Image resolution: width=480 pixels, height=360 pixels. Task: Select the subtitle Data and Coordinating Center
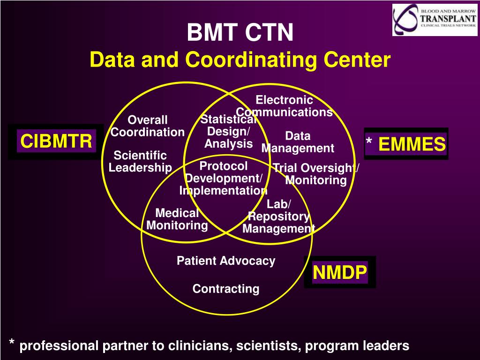[240, 60]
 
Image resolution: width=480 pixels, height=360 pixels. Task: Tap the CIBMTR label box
[56, 141]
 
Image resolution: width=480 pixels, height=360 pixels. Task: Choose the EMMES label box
[406, 144]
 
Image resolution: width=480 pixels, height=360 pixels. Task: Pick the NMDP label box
[340, 272]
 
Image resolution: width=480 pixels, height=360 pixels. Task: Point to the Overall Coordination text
[148, 126]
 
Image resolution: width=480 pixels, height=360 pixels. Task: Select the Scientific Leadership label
[140, 161]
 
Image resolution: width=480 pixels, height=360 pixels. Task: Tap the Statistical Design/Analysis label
[228, 132]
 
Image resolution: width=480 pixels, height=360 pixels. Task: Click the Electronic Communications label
[284, 106]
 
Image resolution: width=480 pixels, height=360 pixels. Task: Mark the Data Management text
[298, 142]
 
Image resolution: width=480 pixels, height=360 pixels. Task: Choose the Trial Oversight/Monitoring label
[315, 174]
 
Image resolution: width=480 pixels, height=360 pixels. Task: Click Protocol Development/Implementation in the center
[223, 179]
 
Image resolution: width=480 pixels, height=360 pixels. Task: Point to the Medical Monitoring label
[177, 219]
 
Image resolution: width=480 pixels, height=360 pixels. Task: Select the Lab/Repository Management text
[278, 217]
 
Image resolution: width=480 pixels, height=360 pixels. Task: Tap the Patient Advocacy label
[226, 261]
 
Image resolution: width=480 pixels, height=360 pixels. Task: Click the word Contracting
[226, 289]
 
